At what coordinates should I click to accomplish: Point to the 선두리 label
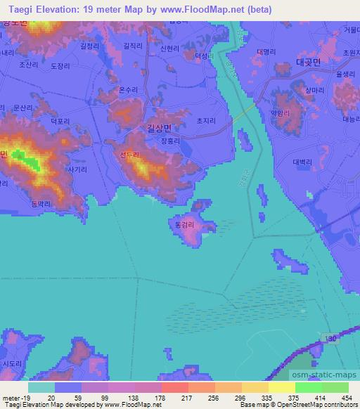[129, 156]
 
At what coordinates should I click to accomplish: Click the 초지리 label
[205, 120]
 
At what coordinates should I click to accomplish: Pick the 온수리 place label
[129, 90]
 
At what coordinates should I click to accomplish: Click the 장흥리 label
[171, 141]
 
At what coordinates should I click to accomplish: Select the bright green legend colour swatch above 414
[308, 387]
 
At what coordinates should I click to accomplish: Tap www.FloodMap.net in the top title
[191, 9]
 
